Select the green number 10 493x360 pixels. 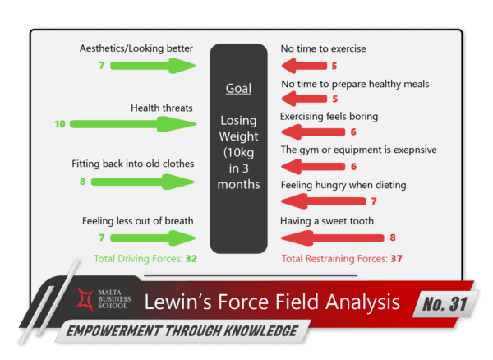pos(59,125)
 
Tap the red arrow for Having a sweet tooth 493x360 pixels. pos(329,238)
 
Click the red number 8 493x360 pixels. pos(392,238)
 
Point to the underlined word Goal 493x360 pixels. pos(238,89)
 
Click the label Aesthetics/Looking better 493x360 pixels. pos(136,48)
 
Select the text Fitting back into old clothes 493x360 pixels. pos(132,164)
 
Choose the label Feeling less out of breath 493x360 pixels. pos(138,221)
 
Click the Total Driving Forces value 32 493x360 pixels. pos(191,258)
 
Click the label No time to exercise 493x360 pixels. pos(323,48)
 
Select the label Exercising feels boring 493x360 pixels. pos(329,116)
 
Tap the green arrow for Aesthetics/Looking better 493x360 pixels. pos(157,66)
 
